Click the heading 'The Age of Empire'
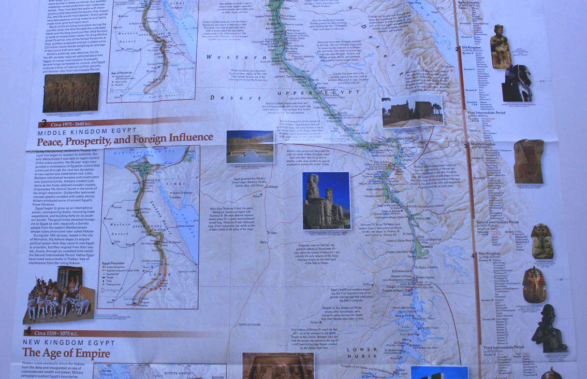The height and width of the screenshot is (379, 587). (x=66, y=354)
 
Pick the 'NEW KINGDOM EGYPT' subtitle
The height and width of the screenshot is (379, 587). (x=68, y=343)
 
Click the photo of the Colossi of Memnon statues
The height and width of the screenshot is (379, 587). (x=326, y=201)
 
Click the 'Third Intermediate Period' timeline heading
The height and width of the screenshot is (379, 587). (x=503, y=347)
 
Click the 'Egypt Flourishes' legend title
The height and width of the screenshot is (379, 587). (x=116, y=263)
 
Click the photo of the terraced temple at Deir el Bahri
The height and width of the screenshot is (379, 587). (x=250, y=146)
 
